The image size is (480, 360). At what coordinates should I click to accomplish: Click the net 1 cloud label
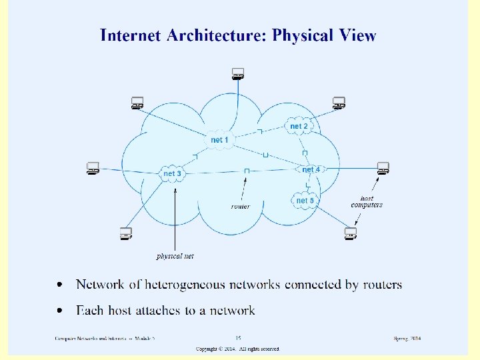[219, 140]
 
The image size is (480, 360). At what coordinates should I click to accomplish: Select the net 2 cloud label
[299, 126]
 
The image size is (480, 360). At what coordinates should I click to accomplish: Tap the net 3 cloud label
[172, 174]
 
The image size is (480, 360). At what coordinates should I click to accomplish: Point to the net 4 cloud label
[311, 170]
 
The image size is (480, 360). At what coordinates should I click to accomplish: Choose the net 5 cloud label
[305, 201]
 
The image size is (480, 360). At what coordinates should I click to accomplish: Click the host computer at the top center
[237, 74]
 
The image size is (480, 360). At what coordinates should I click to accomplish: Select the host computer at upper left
[137, 103]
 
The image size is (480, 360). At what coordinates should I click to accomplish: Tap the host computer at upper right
[339, 103]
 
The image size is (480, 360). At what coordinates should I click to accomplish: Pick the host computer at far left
[93, 168]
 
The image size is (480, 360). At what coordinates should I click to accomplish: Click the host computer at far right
[383, 167]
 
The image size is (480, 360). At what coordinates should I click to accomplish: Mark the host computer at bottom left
[125, 233]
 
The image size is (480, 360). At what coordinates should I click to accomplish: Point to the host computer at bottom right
[351, 233]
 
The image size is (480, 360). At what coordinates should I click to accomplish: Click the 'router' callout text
[241, 207]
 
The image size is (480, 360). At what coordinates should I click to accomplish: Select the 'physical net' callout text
[175, 256]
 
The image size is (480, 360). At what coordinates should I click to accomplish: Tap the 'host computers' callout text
[367, 201]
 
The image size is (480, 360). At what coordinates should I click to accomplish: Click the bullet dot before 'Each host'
[61, 311]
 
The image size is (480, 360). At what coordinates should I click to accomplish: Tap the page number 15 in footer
[237, 339]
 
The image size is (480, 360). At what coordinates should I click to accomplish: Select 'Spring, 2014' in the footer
[407, 339]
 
